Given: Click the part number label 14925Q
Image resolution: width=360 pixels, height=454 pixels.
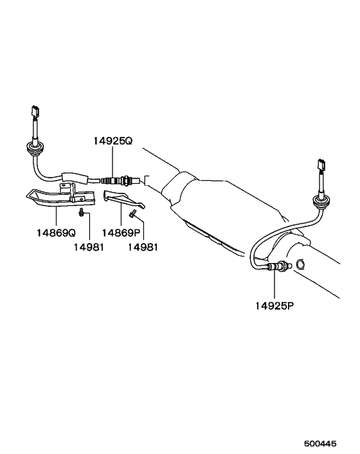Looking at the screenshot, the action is click(x=113, y=141).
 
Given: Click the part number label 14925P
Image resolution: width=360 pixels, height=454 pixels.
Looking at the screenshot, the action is click(x=274, y=305).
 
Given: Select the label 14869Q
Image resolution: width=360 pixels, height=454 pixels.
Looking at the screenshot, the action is click(x=57, y=233).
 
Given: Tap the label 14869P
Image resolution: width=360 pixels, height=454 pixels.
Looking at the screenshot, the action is click(x=122, y=233).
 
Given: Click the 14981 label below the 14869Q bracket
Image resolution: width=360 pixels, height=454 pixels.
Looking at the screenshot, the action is click(x=89, y=248).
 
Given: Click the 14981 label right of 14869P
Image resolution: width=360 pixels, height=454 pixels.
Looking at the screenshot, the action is click(x=143, y=248).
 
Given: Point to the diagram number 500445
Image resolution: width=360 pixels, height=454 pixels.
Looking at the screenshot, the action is click(x=320, y=443).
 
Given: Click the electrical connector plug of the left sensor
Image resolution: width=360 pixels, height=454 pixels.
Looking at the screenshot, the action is click(x=35, y=111).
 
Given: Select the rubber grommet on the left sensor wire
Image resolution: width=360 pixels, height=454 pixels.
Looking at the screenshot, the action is click(x=32, y=149).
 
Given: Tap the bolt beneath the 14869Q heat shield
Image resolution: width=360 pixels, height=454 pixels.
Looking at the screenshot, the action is click(x=81, y=212).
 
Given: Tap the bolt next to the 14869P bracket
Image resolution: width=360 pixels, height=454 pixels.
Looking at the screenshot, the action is click(x=133, y=213).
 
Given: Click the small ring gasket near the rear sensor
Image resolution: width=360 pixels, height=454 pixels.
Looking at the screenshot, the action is click(x=300, y=264).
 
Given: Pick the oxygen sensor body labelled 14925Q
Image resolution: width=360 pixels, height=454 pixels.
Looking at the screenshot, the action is click(x=122, y=180).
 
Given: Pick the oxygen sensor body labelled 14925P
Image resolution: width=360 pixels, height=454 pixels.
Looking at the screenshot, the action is click(x=279, y=266).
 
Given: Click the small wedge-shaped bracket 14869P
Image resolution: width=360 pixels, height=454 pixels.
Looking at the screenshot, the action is click(x=123, y=199).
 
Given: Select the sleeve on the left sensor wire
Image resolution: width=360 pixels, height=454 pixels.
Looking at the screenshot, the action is click(x=74, y=177).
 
